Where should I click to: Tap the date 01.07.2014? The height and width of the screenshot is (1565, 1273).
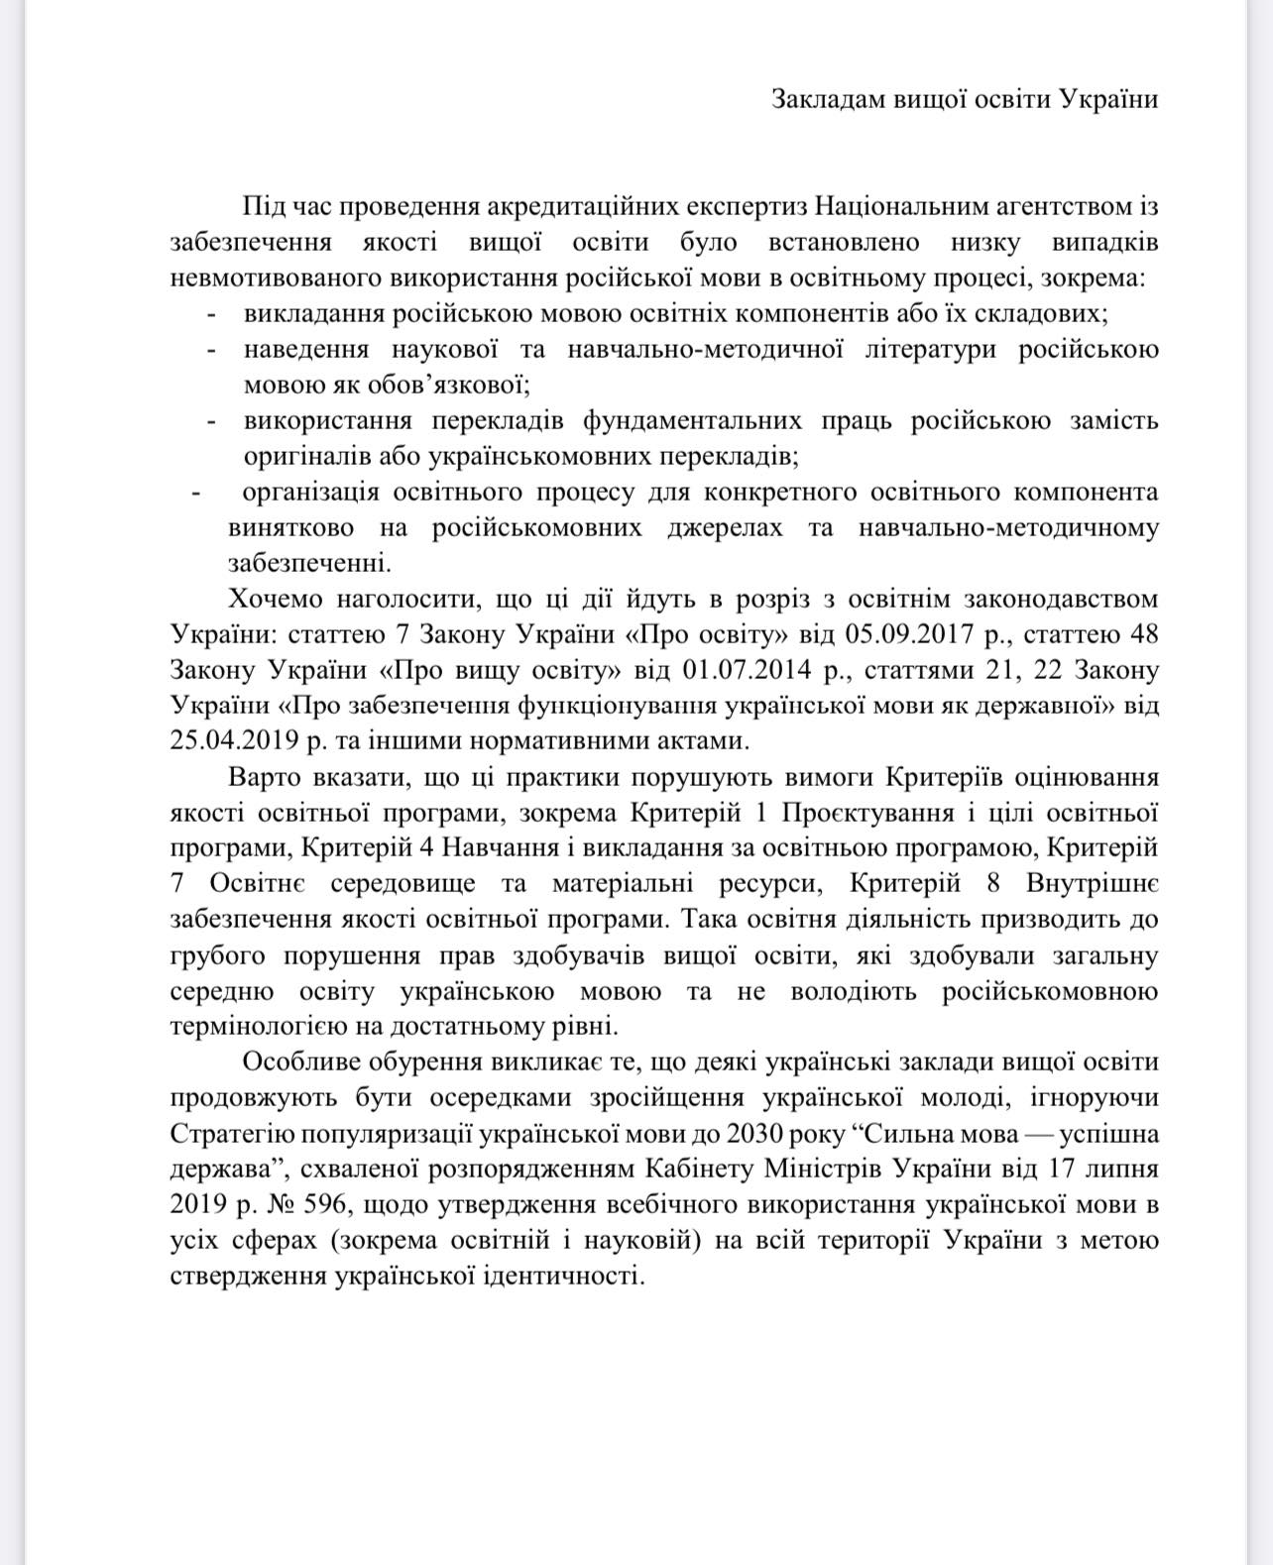tap(743, 670)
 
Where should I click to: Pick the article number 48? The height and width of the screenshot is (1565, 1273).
tap(1142, 634)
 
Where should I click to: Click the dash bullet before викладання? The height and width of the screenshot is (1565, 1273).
tap(211, 314)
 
